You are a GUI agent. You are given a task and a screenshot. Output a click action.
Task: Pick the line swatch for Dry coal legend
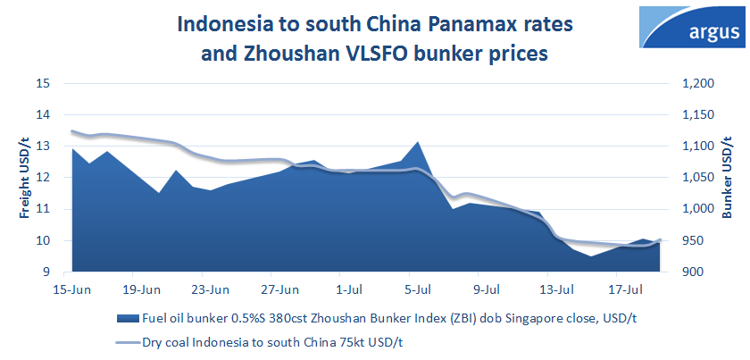coord(123,341)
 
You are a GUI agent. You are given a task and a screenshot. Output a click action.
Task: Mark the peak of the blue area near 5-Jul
coord(417,142)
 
